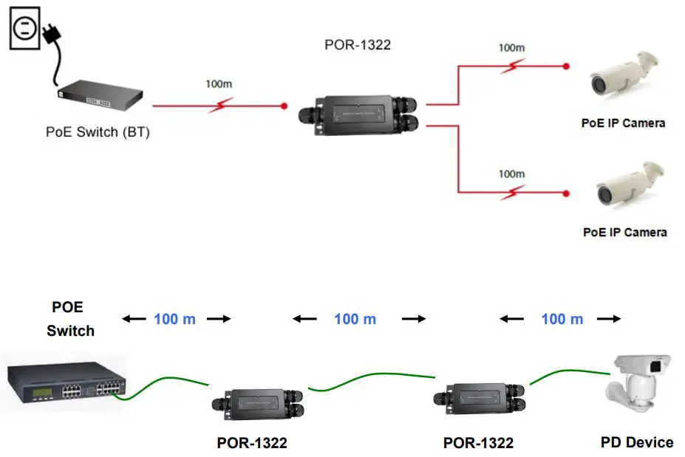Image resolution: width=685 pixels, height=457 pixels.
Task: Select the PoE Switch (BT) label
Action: tap(98, 133)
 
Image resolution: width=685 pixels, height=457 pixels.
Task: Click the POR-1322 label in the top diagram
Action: tap(358, 45)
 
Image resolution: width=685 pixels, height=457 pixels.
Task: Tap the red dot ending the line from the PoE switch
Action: tap(284, 106)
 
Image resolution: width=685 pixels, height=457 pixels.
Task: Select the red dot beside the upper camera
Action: tap(566, 66)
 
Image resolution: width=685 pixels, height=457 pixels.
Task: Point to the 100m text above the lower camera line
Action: tap(511, 174)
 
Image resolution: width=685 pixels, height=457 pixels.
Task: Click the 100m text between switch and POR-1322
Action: tap(218, 83)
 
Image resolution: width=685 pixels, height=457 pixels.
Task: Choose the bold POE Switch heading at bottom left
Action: tap(70, 319)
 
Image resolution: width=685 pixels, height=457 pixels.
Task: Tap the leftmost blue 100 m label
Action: tap(175, 319)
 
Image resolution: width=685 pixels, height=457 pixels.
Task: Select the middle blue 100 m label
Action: tap(355, 319)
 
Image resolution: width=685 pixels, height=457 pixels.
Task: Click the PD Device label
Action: tap(636, 442)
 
